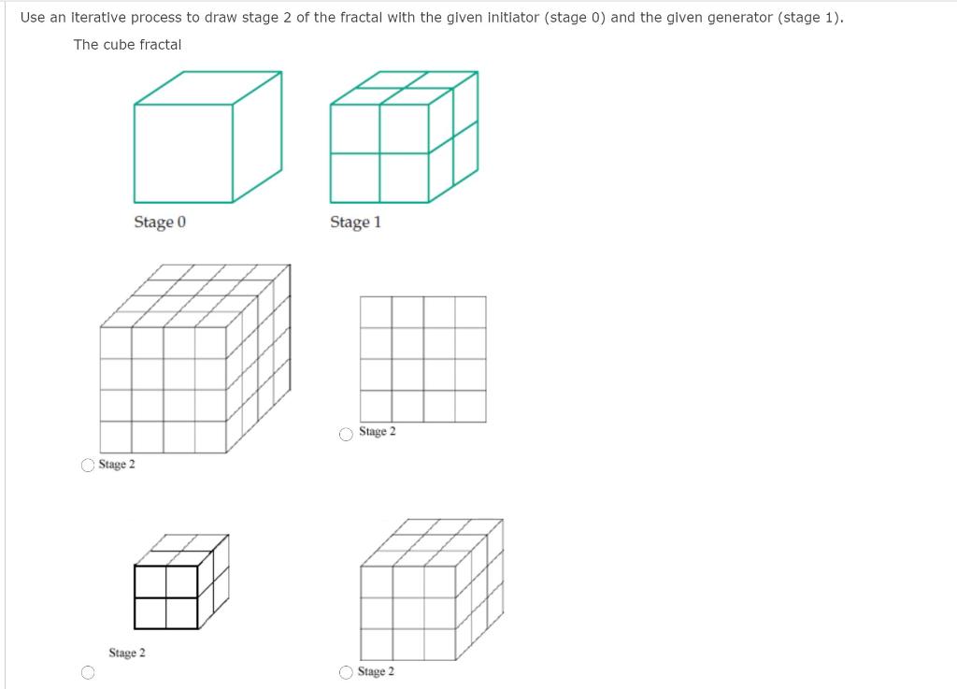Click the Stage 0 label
pos(160,222)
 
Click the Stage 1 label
pos(355,222)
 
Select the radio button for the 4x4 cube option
pos(88,465)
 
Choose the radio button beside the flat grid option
pos(347,433)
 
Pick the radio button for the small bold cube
pos(88,671)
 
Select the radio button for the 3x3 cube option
pos(347,672)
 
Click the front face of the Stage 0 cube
pos(183,151)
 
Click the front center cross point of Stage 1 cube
pos(379,152)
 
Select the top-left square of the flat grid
pos(376,312)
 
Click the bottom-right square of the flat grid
pos(470,406)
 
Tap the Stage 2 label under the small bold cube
pos(127,653)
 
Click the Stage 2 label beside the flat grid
pos(378,432)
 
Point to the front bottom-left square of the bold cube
pos(150,612)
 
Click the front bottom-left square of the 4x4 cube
pos(116,437)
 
